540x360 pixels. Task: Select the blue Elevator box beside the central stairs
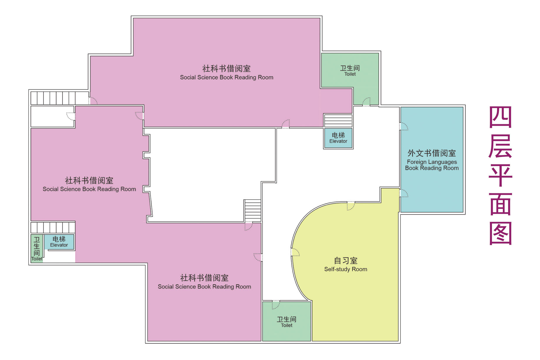click(x=338, y=138)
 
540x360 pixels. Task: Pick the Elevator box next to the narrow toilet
click(x=59, y=242)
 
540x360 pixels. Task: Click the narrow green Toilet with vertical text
click(x=37, y=248)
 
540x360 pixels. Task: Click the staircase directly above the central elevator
click(x=338, y=120)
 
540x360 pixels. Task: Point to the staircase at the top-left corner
click(x=53, y=98)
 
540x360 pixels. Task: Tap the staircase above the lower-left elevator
click(x=53, y=227)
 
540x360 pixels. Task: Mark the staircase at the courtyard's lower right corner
click(x=253, y=210)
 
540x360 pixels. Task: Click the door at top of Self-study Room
click(x=351, y=206)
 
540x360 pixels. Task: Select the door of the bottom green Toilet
click(x=276, y=305)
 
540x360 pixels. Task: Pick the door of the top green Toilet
click(x=366, y=102)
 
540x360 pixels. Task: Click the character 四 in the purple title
click(x=500, y=117)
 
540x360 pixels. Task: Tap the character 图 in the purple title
click(x=500, y=233)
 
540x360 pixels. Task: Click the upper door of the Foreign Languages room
click(x=404, y=126)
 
